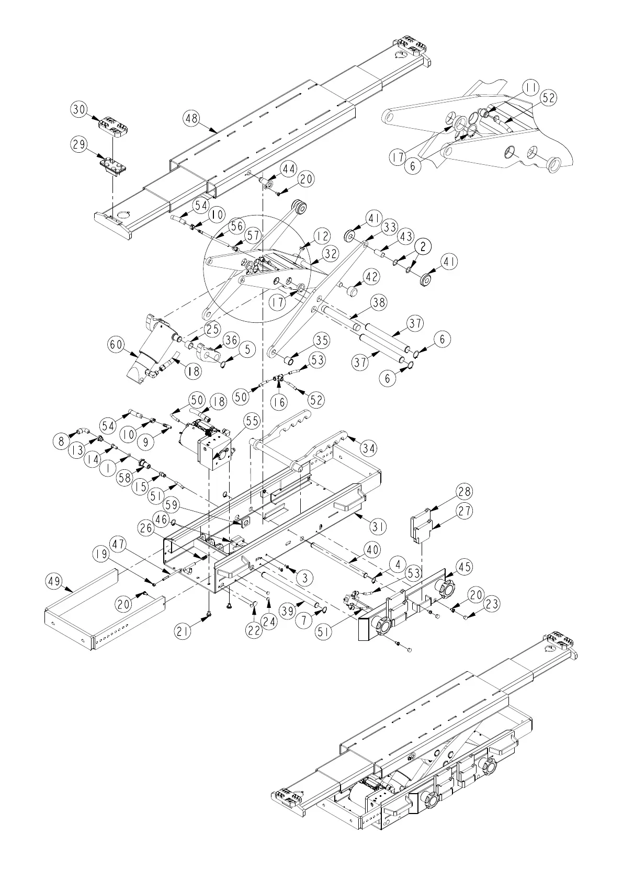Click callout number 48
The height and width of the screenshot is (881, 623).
191,119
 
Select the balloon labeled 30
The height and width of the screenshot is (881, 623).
79,109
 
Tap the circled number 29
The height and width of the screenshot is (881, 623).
79,145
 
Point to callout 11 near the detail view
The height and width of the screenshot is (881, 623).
531,88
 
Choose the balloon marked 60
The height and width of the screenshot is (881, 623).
117,344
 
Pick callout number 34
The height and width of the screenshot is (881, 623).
368,448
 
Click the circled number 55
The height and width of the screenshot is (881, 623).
252,420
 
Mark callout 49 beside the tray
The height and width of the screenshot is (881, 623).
54,581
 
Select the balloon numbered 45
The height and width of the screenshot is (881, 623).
463,567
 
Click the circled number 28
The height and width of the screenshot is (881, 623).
463,492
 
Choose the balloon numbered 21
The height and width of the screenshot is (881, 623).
182,631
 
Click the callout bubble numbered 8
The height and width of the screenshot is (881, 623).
62,441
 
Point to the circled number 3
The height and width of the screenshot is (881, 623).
304,578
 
